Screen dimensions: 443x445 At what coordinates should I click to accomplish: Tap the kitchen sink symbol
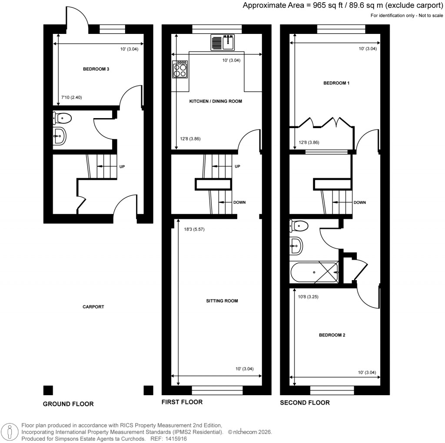tap(222, 43)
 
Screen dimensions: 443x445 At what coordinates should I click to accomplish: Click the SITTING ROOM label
tap(222, 301)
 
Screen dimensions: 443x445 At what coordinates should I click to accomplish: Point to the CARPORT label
tap(93, 307)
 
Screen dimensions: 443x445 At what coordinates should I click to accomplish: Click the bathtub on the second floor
tap(314, 272)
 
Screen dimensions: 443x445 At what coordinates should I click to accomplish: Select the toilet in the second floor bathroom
tap(299, 226)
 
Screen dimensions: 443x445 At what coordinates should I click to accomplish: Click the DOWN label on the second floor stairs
tap(360, 202)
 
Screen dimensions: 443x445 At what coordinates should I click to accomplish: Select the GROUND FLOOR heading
tap(68, 404)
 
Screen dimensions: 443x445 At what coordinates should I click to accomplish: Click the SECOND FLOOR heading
tap(305, 403)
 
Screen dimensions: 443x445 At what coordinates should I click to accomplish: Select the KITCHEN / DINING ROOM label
tap(216, 101)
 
